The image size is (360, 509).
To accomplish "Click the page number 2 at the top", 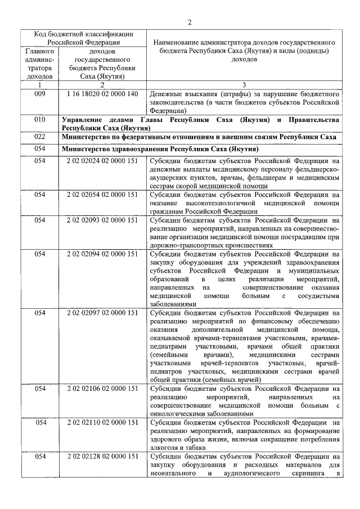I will click(x=190, y=22).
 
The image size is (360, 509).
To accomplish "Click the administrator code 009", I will click(x=39, y=93).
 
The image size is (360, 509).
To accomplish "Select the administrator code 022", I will click(x=39, y=137).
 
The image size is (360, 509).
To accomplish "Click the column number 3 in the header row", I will click(x=244, y=84).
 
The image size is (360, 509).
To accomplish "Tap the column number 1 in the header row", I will click(x=39, y=84).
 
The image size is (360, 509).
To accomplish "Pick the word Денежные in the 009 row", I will click(x=168, y=93).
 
